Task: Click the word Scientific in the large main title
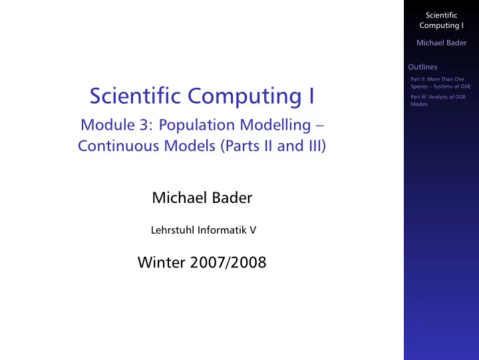click(x=135, y=96)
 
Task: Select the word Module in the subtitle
click(x=108, y=124)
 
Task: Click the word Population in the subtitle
click(x=197, y=125)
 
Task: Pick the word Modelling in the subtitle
click(x=275, y=125)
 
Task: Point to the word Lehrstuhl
click(x=173, y=230)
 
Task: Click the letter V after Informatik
click(x=253, y=230)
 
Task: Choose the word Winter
click(x=161, y=262)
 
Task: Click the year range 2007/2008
click(x=228, y=262)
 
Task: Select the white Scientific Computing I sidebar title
click(x=442, y=20)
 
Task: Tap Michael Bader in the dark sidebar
click(x=442, y=43)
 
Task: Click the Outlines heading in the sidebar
click(x=422, y=67)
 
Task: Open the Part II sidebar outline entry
click(x=440, y=83)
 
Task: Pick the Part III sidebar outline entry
click(x=438, y=100)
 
